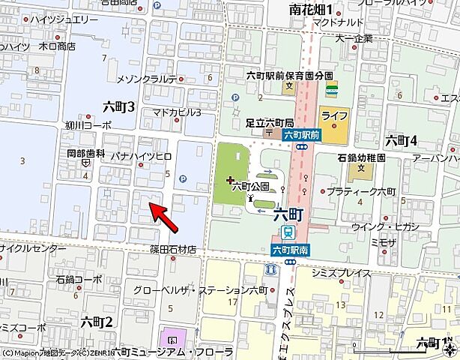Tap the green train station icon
287,232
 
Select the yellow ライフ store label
333,116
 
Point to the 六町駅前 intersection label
302,135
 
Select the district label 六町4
400,140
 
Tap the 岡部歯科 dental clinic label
80,152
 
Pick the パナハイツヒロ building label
142,155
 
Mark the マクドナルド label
338,23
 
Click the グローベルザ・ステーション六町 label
200,289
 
